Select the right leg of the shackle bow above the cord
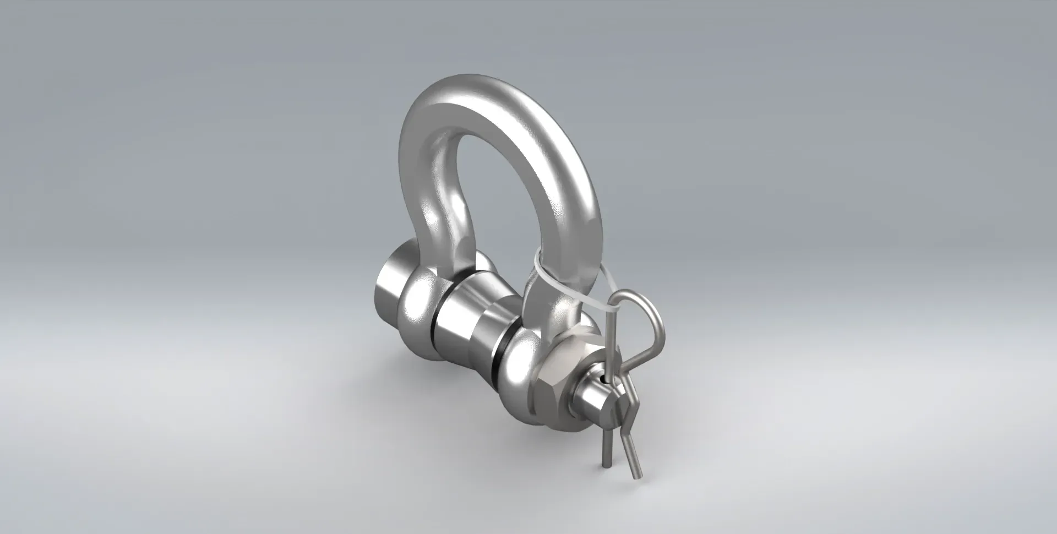coord(573,209)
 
